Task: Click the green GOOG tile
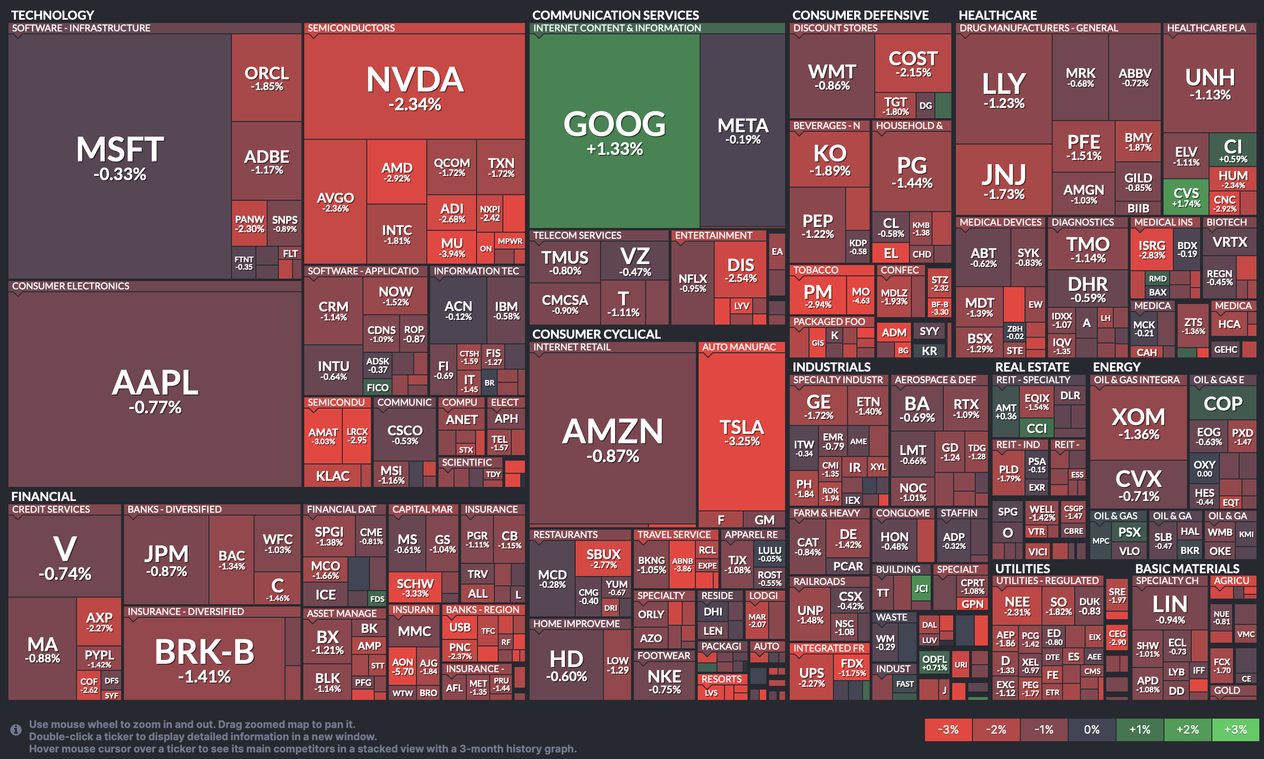[x=614, y=131]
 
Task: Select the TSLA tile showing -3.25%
[x=741, y=432]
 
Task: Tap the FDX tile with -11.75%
[x=852, y=667]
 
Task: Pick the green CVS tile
[x=1186, y=197]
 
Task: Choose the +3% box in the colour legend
[x=1235, y=729]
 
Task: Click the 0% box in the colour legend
[x=1092, y=729]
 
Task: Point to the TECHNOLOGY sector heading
[x=53, y=15]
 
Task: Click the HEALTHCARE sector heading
[x=997, y=15]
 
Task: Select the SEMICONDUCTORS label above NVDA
[x=351, y=28]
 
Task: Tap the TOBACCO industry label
[x=816, y=270]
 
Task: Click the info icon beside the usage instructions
[x=16, y=729]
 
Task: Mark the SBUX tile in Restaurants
[x=603, y=558]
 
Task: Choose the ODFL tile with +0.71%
[x=934, y=662]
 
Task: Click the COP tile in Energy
[x=1223, y=403]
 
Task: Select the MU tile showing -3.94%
[x=452, y=247]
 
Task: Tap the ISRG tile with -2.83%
[x=1152, y=249]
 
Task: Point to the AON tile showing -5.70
[x=402, y=667]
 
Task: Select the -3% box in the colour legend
[x=948, y=729]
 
